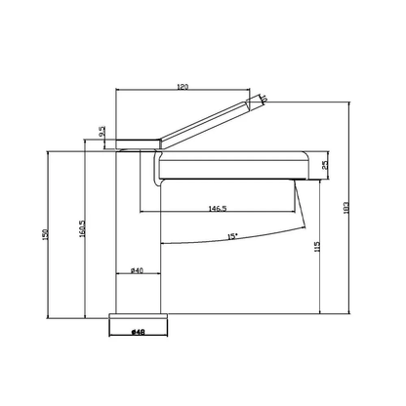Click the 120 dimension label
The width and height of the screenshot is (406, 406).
(x=183, y=87)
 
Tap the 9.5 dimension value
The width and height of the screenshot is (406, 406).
(x=102, y=131)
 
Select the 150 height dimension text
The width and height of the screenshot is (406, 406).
(x=46, y=234)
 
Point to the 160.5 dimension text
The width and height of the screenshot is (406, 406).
(x=82, y=228)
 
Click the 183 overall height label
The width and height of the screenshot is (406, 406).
(x=346, y=208)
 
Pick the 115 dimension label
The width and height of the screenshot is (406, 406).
(x=317, y=247)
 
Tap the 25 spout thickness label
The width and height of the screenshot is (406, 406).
(x=325, y=165)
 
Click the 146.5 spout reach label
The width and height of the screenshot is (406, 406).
(x=218, y=208)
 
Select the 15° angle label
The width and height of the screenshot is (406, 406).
(x=232, y=236)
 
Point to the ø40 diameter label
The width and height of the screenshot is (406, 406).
(x=137, y=270)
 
